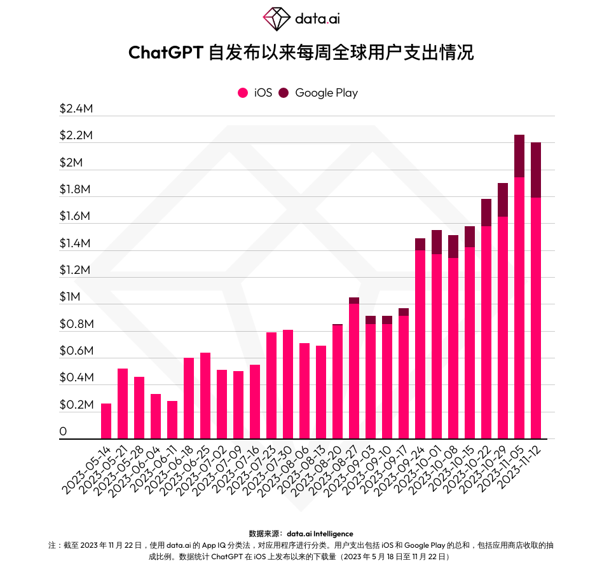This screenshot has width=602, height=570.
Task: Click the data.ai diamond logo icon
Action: click(x=276, y=19)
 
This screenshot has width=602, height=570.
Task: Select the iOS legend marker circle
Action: click(x=242, y=93)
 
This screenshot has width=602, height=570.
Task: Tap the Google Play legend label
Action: click(x=326, y=93)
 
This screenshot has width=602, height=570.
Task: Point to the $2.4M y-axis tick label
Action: click(x=76, y=109)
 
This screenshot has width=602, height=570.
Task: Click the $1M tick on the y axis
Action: click(x=71, y=297)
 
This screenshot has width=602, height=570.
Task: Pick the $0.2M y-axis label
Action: click(x=76, y=405)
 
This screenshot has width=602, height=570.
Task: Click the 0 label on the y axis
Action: click(x=63, y=432)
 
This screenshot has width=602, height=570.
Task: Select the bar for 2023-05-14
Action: click(x=106, y=421)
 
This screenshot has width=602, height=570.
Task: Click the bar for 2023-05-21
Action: click(x=123, y=404)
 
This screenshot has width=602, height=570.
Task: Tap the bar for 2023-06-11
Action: click(x=172, y=419)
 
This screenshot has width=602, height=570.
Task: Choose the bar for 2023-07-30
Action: click(x=288, y=384)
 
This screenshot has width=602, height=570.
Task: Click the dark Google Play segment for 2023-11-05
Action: click(x=519, y=156)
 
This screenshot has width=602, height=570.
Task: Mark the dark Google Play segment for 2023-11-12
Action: click(x=536, y=170)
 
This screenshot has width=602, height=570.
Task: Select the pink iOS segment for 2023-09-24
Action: click(x=420, y=343)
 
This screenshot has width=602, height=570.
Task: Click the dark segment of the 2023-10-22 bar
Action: click(x=486, y=212)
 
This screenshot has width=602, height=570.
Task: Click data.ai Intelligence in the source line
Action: click(x=320, y=534)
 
